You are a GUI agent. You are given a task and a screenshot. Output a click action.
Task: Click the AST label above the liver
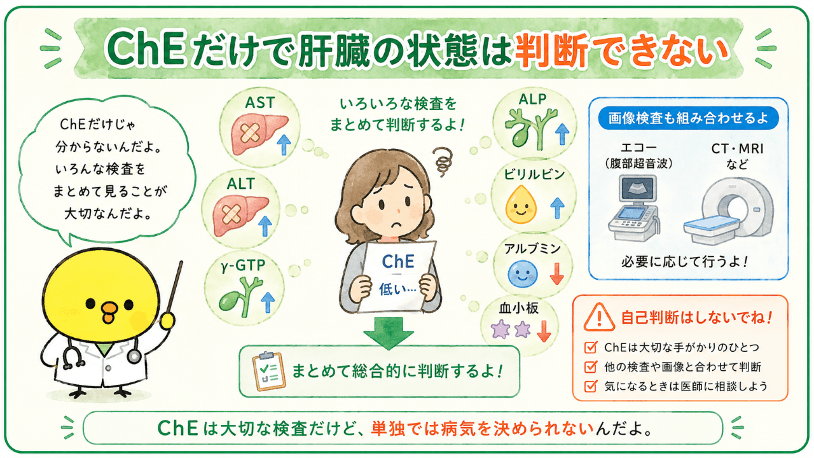[259, 103]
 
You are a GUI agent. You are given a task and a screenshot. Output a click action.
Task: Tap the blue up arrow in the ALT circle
[265, 226]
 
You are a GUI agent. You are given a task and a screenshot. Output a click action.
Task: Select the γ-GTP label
[243, 266]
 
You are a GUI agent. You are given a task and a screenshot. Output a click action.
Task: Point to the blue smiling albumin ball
[523, 274]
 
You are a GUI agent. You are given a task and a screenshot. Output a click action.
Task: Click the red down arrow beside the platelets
[544, 331]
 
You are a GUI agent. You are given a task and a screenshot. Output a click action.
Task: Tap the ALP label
[533, 99]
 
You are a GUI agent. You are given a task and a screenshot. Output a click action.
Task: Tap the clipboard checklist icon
[269, 371]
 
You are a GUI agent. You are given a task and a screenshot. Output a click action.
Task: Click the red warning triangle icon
[599, 317]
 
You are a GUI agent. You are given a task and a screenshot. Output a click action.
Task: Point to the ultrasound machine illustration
[635, 207]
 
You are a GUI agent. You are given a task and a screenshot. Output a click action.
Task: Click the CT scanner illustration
[729, 212]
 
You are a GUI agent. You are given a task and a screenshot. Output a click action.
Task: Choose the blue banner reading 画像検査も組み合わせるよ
[688, 118]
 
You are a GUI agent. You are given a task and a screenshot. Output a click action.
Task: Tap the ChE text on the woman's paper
[398, 261]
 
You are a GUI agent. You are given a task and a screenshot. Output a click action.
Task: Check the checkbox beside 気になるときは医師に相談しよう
[591, 385]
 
